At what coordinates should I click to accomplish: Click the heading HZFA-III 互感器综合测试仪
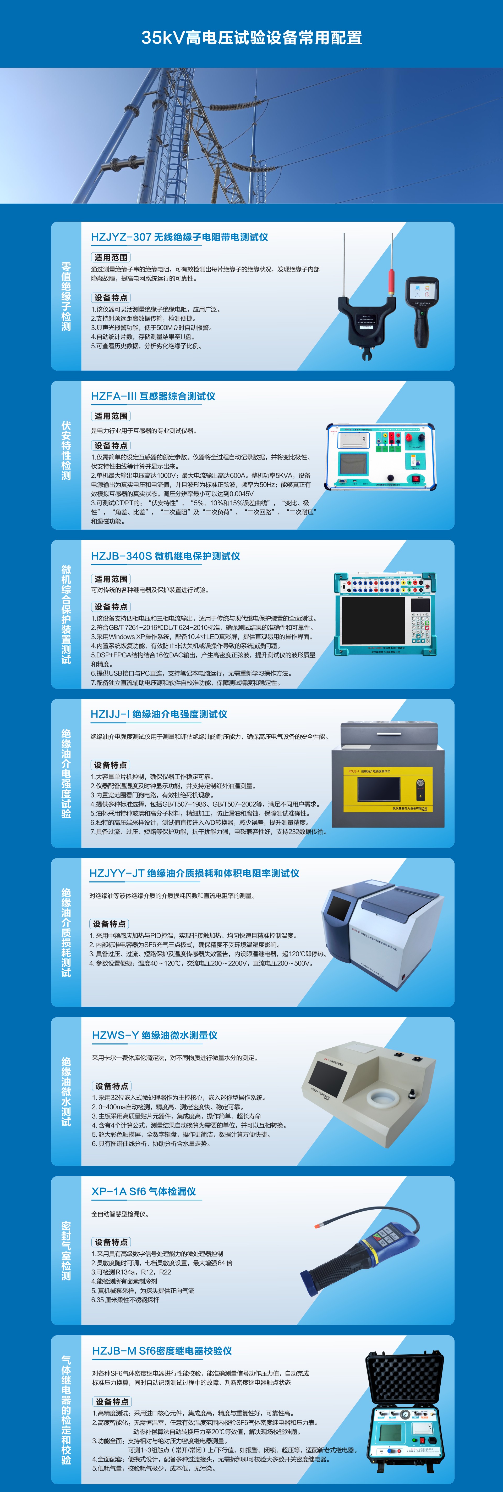pos(153,396)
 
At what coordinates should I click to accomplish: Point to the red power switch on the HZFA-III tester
pos(415,478)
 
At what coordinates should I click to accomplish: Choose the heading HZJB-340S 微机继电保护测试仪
pos(165,556)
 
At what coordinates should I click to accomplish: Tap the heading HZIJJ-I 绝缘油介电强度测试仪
pos(159,714)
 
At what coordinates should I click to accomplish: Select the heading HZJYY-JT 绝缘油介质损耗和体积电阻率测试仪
pos(194,873)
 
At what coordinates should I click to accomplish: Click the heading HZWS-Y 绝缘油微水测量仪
pos(155,1035)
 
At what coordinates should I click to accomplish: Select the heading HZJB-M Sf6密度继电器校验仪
pos(162,1351)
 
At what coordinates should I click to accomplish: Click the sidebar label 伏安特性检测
pos(66,451)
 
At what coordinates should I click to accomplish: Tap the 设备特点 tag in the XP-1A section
pos(111,1242)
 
